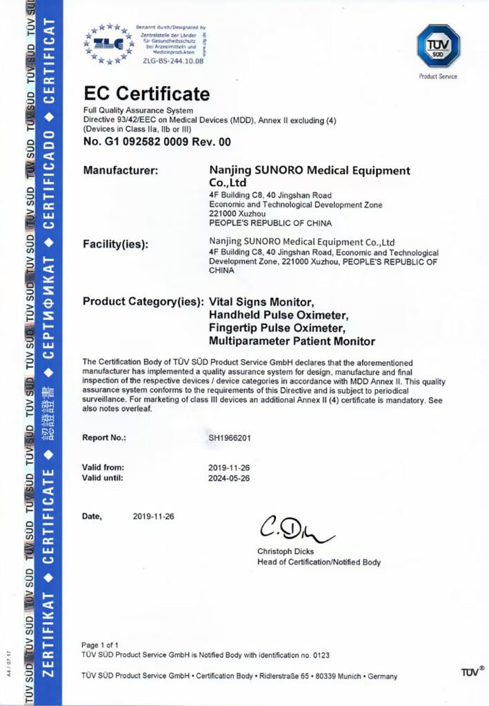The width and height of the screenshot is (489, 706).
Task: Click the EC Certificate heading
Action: pos(146,94)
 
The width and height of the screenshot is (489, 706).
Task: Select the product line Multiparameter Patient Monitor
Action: pos(292,341)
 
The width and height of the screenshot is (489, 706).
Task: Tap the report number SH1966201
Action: pos(231,437)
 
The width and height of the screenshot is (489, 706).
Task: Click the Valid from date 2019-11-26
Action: pos(228,467)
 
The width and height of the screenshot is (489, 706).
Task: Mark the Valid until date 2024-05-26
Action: pos(228,477)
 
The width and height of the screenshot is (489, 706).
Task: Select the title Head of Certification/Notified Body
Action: pos(319,563)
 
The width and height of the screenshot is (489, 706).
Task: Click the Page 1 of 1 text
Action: pos(100,645)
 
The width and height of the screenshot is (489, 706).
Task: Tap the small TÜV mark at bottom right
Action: pos(470,671)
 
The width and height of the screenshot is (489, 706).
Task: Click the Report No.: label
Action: pos(104,437)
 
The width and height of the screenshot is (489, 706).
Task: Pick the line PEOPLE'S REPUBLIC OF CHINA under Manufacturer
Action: pos(270,223)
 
